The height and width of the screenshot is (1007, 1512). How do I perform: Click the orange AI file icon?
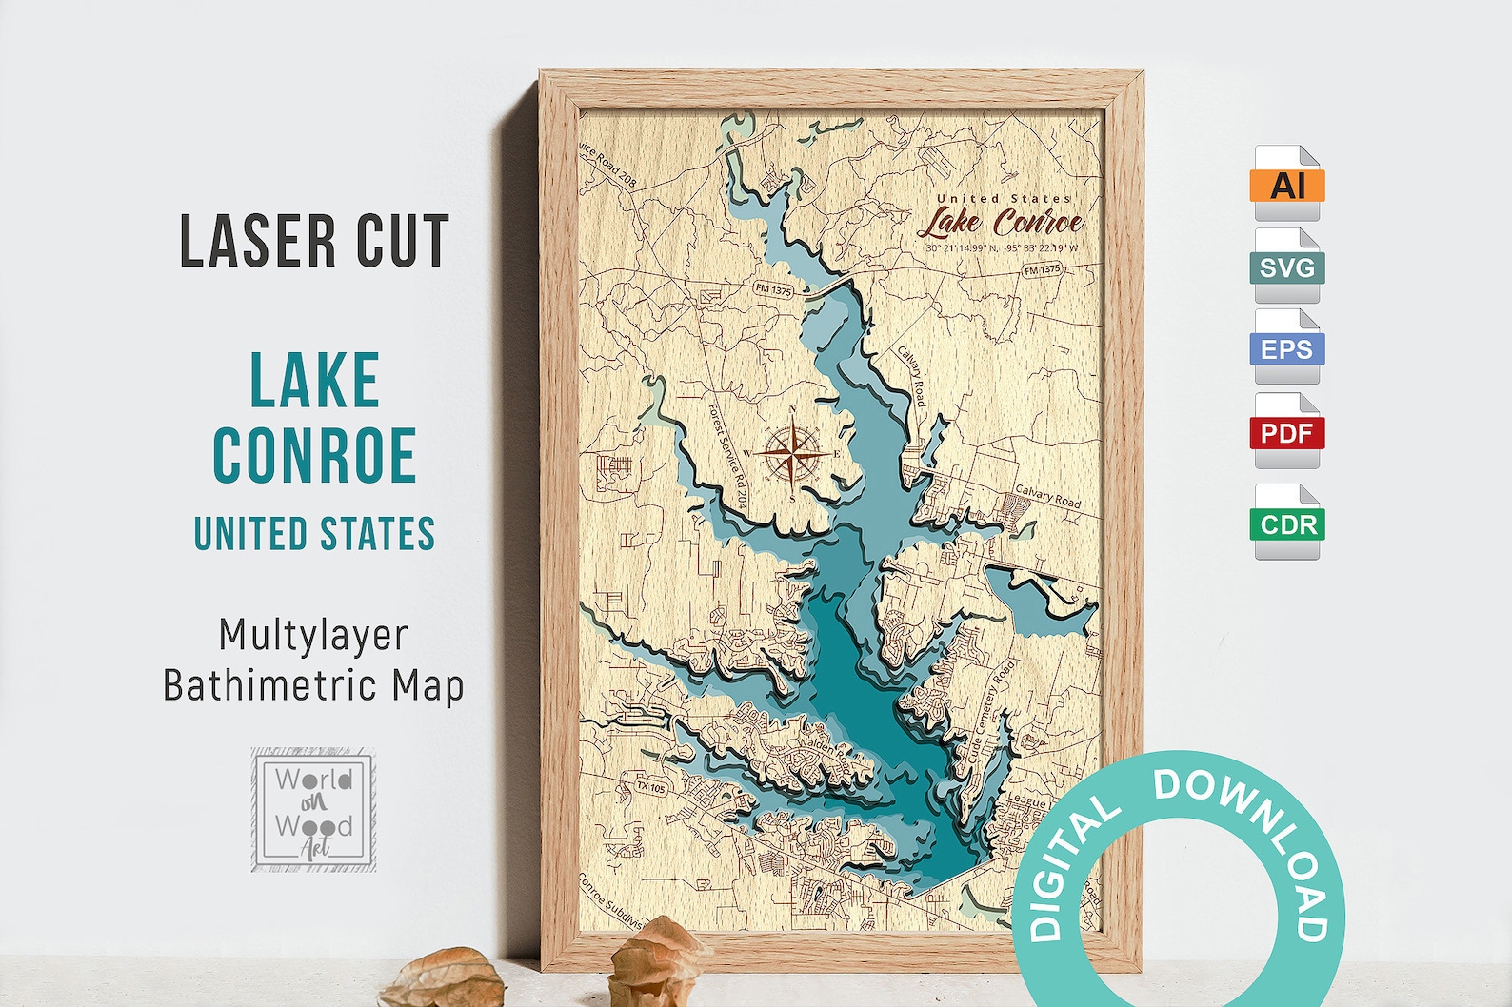point(1286,184)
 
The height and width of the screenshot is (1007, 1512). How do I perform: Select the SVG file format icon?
point(1286,267)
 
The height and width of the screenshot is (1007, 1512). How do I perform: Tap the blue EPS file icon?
point(1286,348)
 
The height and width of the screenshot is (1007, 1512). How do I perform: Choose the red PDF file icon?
point(1286,433)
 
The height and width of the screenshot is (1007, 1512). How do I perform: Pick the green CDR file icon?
point(1287,523)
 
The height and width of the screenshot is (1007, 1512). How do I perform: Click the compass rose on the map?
point(792,453)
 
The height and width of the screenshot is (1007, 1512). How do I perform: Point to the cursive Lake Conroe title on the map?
point(1001,223)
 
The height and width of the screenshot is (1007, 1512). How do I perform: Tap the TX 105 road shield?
point(651,787)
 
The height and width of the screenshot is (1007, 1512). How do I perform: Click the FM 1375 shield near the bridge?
point(773,289)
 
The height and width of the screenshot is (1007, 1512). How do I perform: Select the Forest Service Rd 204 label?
point(728,455)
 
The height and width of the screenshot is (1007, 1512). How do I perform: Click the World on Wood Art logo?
point(313,810)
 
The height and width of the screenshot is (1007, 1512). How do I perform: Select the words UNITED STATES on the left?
point(314,534)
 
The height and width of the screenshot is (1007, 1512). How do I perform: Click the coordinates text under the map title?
point(1002,248)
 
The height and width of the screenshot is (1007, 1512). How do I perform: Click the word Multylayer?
point(313,635)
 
